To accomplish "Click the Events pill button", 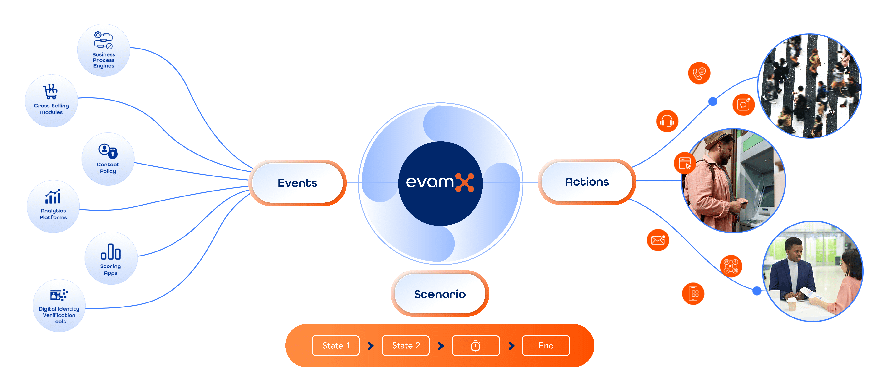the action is (x=297, y=183).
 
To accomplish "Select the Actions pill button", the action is (x=587, y=182).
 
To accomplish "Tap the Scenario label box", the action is (x=440, y=294).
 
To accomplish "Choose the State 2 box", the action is (x=406, y=346).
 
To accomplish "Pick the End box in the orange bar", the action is (x=546, y=346).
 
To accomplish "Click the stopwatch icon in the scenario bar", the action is (x=476, y=346).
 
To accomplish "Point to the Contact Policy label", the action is (x=108, y=168).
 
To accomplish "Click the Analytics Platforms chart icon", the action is (x=53, y=197).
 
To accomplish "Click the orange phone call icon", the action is (x=699, y=73).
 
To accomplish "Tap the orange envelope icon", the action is (x=658, y=240).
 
